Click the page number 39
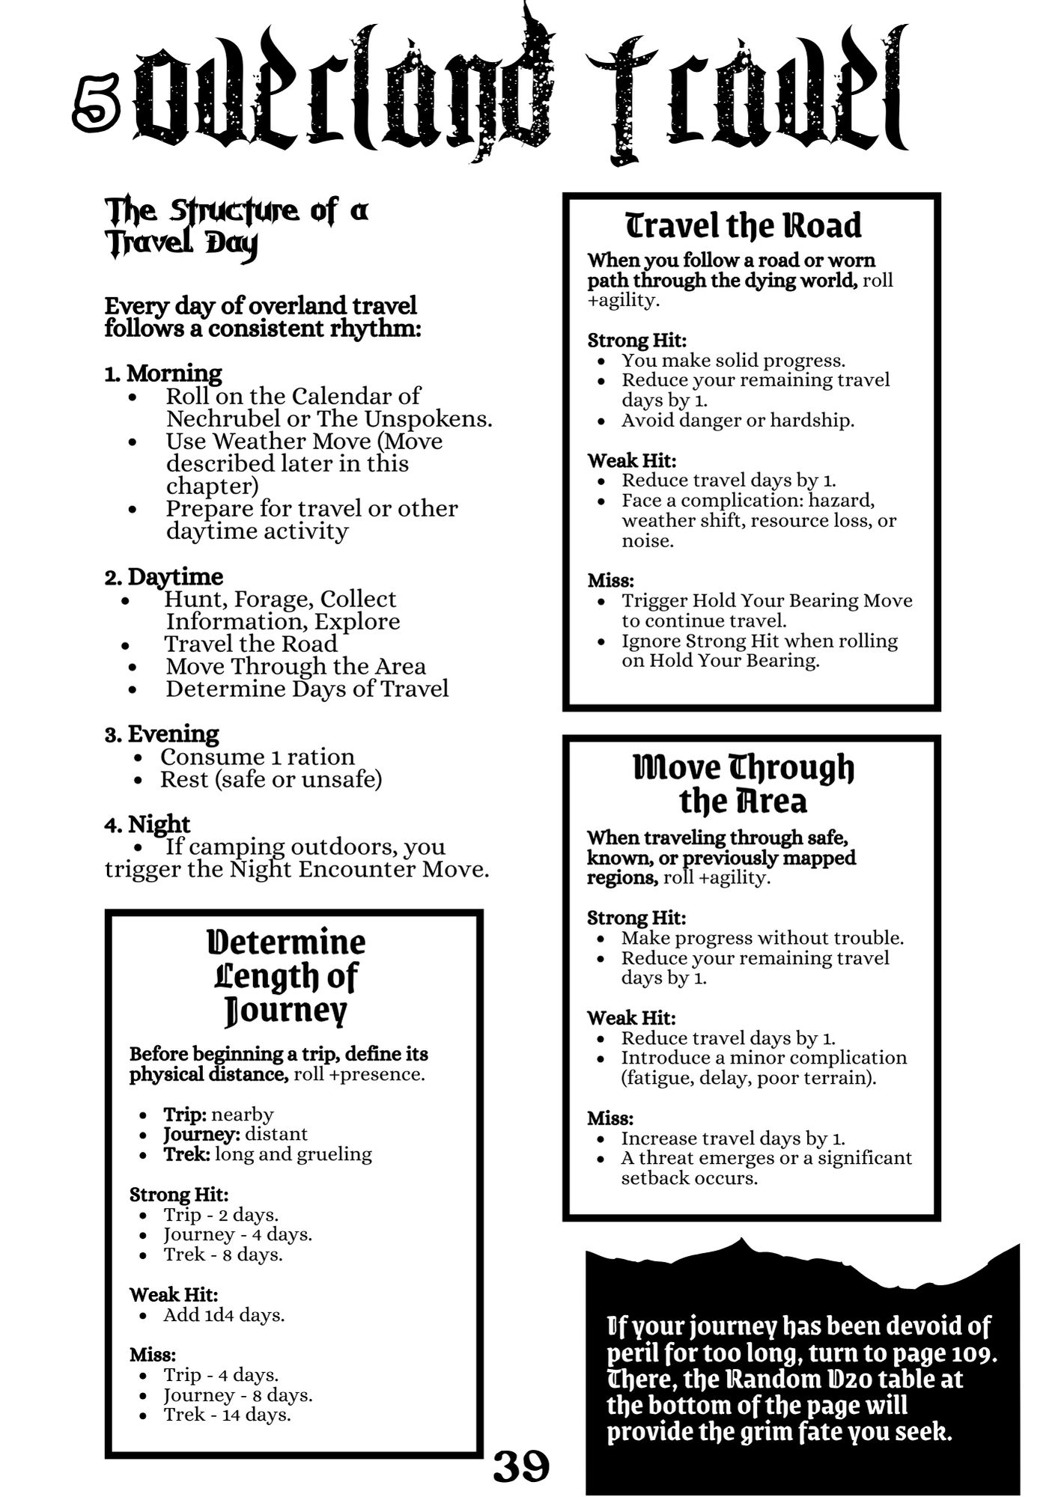coord(521,1466)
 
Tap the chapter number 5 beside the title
coord(97,109)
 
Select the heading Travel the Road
coord(743,226)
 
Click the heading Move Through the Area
coord(743,784)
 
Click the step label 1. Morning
coord(163,373)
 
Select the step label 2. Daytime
coord(164,576)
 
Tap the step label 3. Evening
coord(162,734)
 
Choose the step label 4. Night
coord(148,824)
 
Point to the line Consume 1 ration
coord(257,757)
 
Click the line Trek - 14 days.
coord(227,1415)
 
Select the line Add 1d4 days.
coord(224,1314)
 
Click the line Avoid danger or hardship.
coord(738,420)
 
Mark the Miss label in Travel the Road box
coord(610,580)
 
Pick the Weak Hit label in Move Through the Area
coord(631,1018)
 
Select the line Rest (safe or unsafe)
coord(271,779)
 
